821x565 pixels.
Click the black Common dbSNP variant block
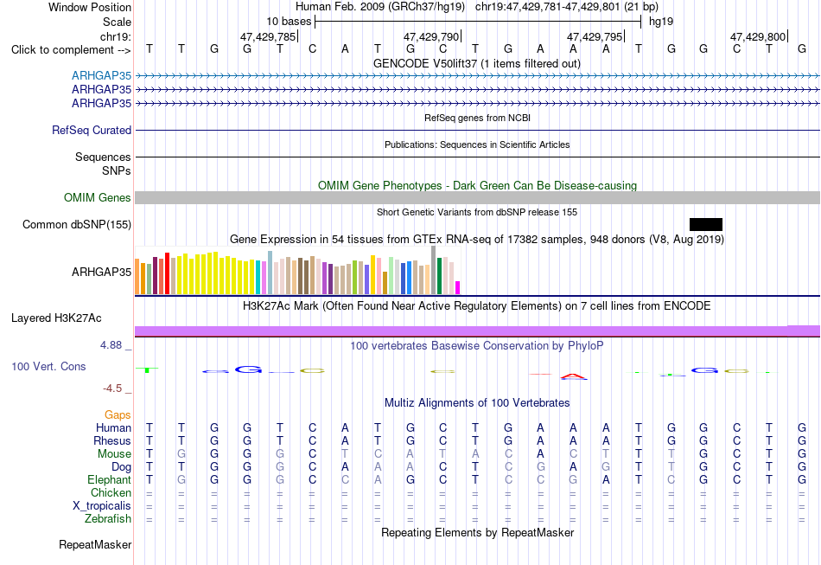706,224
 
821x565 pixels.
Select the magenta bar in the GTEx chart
458,288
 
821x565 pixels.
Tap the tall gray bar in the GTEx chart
434,270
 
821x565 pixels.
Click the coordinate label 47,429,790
431,36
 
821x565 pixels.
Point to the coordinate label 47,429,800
758,36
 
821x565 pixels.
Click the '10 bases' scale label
289,22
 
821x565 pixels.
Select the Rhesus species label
112,440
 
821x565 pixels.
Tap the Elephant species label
110,479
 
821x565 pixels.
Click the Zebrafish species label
108,518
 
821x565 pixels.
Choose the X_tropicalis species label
102,506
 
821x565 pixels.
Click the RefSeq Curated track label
92,130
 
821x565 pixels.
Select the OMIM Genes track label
98,197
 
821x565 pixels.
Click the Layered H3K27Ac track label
56,318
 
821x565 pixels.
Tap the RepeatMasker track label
95,544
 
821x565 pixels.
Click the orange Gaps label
118,415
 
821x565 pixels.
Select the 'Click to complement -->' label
71,50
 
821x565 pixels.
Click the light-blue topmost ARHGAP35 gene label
102,75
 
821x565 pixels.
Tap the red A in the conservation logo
574,376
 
